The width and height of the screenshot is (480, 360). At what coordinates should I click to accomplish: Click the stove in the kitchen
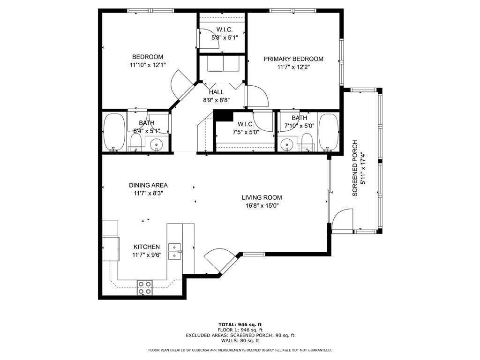pos(144,288)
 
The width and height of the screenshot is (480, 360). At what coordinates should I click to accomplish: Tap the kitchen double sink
pos(175,251)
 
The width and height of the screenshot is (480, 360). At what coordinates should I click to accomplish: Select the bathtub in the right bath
pos(329,132)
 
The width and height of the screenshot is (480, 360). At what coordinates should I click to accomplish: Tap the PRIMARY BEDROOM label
pos(293,59)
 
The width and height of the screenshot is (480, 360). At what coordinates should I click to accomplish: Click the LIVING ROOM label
pos(262,198)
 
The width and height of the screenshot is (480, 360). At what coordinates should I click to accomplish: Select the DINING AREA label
pos(148,185)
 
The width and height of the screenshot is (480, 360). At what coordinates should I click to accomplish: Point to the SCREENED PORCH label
pos(355,168)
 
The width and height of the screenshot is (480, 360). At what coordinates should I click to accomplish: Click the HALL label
pos(217,92)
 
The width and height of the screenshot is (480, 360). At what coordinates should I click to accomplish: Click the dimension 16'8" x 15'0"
pos(262,206)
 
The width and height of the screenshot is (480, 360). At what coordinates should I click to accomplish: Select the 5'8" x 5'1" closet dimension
pos(225,37)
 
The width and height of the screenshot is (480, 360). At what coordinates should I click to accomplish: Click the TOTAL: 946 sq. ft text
pos(240,324)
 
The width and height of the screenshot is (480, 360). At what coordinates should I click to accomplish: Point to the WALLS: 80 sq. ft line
pos(240,340)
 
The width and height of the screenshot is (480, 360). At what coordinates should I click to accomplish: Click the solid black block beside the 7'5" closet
pos(224,116)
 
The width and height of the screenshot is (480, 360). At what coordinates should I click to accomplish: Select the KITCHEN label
pos(147,247)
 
